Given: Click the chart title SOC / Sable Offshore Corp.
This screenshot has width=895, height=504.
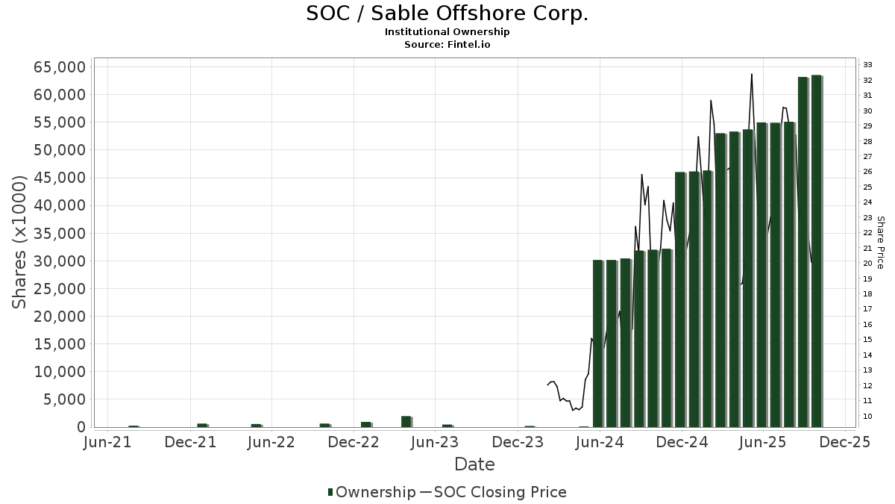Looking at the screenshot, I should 447,13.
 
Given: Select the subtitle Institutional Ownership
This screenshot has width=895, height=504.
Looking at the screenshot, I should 447,32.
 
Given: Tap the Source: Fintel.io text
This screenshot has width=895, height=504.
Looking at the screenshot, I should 447,45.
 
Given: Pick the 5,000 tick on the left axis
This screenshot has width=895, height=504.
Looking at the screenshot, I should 63,399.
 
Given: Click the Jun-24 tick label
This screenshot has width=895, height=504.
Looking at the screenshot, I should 601,442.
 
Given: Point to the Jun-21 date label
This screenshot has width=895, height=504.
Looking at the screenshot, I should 109,442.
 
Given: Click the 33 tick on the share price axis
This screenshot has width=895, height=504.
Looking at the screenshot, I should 868,65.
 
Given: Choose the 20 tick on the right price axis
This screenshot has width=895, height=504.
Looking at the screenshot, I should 868,264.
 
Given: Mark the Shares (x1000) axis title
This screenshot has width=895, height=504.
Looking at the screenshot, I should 20,242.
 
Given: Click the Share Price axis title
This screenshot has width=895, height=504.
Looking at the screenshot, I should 880,242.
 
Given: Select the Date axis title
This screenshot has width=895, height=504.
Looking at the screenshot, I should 474,464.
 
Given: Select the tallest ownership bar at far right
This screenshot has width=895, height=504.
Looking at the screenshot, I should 816,250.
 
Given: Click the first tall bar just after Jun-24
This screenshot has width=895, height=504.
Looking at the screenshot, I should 597,343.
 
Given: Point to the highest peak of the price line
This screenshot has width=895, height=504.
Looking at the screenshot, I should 751,75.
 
